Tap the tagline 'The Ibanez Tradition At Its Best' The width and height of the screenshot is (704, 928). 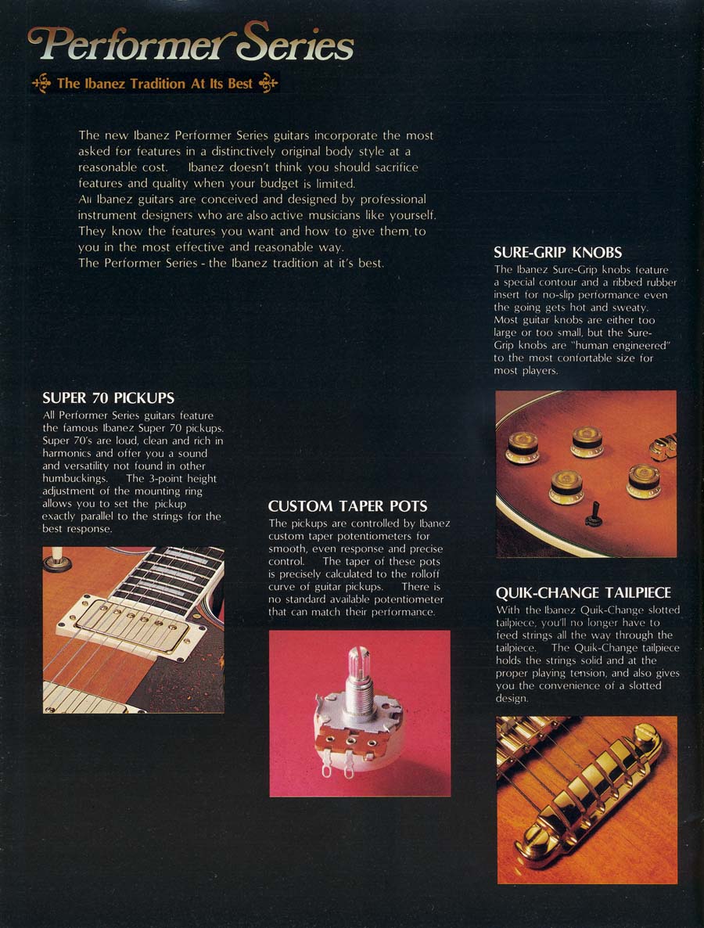(155, 84)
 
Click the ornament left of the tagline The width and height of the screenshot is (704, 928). (41, 84)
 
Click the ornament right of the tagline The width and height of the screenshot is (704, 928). (268, 84)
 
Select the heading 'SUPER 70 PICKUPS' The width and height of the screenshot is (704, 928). (108, 397)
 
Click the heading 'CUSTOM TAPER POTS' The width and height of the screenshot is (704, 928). (347, 506)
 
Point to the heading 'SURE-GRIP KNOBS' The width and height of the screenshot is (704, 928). (558, 253)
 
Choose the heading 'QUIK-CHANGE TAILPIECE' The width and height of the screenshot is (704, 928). (584, 592)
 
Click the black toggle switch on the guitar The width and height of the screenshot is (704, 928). (594, 514)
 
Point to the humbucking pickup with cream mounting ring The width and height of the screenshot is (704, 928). (131, 624)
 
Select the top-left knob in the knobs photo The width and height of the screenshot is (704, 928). (522, 448)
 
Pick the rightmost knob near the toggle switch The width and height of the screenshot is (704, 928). (644, 481)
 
